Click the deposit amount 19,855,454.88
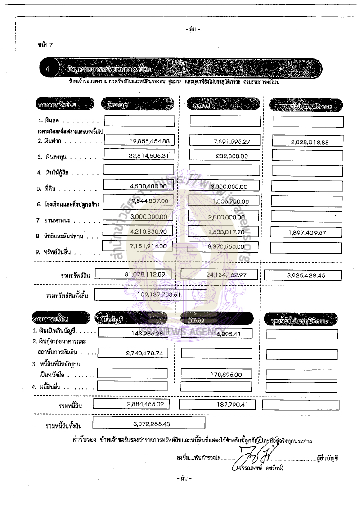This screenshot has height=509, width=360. pos(148,141)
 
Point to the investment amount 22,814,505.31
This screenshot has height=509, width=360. pos(148,156)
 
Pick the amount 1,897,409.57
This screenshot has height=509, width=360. pos(306,232)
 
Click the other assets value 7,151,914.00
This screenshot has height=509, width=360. pos(148,246)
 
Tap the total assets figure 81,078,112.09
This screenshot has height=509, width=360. pos(140,274)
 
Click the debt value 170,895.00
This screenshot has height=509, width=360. pos(226,374)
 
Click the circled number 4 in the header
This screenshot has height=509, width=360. pos(49,69)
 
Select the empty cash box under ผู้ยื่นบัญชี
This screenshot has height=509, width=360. pos(139,121)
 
